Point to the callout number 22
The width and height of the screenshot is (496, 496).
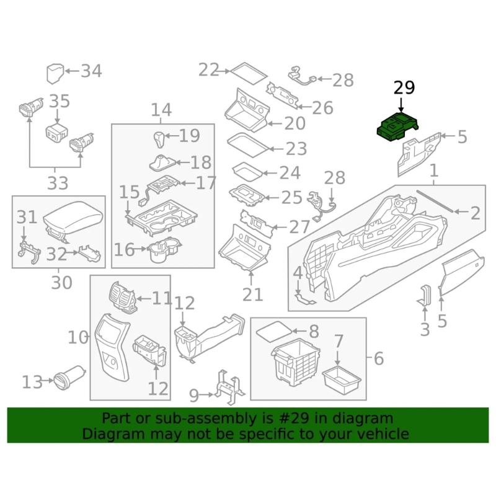tap(209, 69)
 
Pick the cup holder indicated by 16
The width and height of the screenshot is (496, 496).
tap(160, 250)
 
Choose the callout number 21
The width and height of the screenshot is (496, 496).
tap(252, 294)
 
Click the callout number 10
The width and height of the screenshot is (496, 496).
tap(79, 337)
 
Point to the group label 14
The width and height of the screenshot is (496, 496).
tap(161, 111)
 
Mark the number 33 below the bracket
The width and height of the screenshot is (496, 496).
tap(58, 183)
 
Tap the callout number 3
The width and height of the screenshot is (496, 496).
tap(425, 329)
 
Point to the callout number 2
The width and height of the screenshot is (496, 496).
tap(475, 213)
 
